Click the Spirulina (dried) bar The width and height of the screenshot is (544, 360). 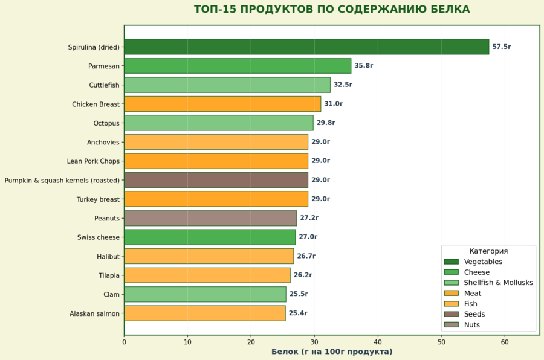[306, 47]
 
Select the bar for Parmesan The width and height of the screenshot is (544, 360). [238, 66]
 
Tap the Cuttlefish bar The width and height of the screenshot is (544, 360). [227, 85]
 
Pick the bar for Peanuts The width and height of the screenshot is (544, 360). [210, 218]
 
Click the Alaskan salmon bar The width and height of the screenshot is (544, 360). [204, 313]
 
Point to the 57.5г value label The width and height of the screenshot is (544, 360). [502, 47]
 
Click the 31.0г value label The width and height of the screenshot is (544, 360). [334, 104]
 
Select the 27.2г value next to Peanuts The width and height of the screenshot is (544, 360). [309, 218]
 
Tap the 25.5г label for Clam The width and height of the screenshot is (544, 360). [299, 294]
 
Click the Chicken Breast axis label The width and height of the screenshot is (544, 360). [96, 104]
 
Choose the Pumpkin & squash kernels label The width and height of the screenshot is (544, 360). [62, 181]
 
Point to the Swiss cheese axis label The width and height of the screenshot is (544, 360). [99, 237]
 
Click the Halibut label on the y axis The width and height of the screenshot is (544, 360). [108, 257]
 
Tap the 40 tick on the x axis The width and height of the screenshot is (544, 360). [378, 342]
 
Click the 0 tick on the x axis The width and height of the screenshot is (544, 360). [125, 342]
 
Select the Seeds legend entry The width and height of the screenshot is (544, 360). [474, 314]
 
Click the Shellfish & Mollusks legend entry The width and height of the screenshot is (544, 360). [498, 283]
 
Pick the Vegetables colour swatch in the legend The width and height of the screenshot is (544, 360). [452, 262]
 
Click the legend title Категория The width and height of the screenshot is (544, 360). [488, 251]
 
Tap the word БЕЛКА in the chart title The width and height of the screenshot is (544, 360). [448, 10]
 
